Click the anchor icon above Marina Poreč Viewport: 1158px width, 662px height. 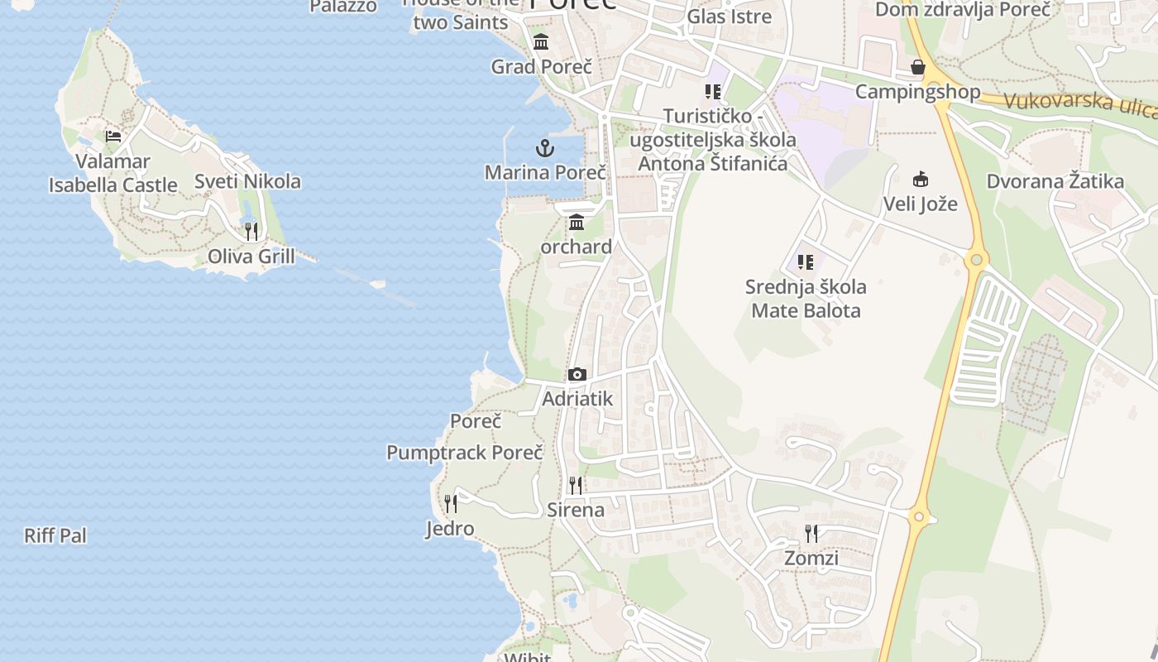[544, 149]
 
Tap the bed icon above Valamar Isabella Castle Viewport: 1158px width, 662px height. [113, 137]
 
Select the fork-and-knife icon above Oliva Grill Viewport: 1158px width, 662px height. [251, 232]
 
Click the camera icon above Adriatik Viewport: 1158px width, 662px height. [577, 375]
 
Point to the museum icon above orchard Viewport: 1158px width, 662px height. [577, 223]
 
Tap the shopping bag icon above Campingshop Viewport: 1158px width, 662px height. [917, 67]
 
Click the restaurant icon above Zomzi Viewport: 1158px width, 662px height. [811, 534]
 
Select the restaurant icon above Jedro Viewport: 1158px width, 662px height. [450, 504]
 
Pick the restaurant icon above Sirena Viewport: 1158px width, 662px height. [576, 486]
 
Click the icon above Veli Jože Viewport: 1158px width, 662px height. [920, 179]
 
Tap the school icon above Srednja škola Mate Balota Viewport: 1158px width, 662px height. [806, 263]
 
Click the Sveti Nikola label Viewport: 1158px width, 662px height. [247, 181]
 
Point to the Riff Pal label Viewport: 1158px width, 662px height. [55, 535]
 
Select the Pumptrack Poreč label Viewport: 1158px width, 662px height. [465, 453]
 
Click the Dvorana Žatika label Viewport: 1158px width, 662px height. [1055, 181]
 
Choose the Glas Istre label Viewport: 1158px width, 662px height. [730, 16]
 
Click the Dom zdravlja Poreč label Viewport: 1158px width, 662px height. [963, 9]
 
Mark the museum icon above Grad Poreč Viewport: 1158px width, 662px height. [541, 42]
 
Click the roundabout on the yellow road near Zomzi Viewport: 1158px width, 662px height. [918, 518]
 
